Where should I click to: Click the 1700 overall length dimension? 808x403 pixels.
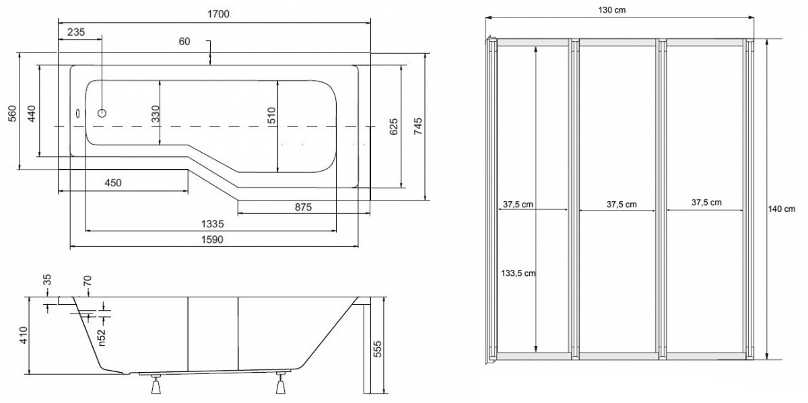219,14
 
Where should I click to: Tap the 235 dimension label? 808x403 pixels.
76,32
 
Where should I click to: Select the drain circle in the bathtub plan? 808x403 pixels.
102,113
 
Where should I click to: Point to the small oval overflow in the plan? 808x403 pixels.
78,113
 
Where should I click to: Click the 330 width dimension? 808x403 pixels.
156,114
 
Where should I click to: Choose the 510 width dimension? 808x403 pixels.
271,115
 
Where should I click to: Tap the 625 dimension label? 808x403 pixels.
393,126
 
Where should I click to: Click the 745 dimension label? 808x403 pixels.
417,126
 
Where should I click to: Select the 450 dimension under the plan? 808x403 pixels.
113,183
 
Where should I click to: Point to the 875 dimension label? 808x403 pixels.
303,207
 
